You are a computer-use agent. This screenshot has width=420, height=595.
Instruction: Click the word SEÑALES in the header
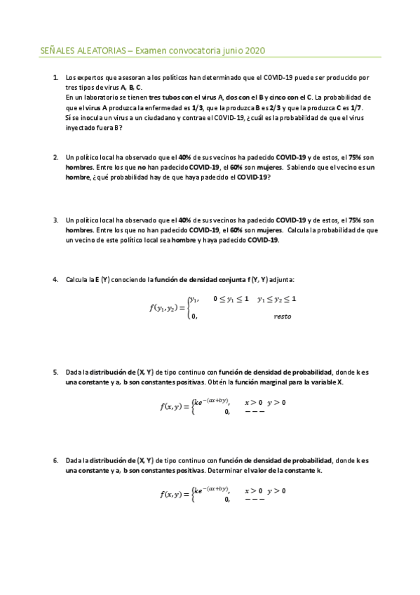pyautogui.click(x=57, y=51)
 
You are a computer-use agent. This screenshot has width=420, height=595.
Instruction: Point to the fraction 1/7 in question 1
pyautogui.click(x=356, y=108)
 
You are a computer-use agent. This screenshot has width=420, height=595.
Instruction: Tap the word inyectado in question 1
pyautogui.click(x=80, y=128)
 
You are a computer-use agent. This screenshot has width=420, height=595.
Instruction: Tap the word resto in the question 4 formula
pyautogui.click(x=283, y=316)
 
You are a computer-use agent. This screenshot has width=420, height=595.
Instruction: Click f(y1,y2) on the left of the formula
pyautogui.click(x=167, y=307)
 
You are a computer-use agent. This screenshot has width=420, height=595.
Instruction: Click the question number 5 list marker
pyautogui.click(x=55, y=372)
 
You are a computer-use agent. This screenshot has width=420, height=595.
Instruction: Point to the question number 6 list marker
pyautogui.click(x=55, y=460)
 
